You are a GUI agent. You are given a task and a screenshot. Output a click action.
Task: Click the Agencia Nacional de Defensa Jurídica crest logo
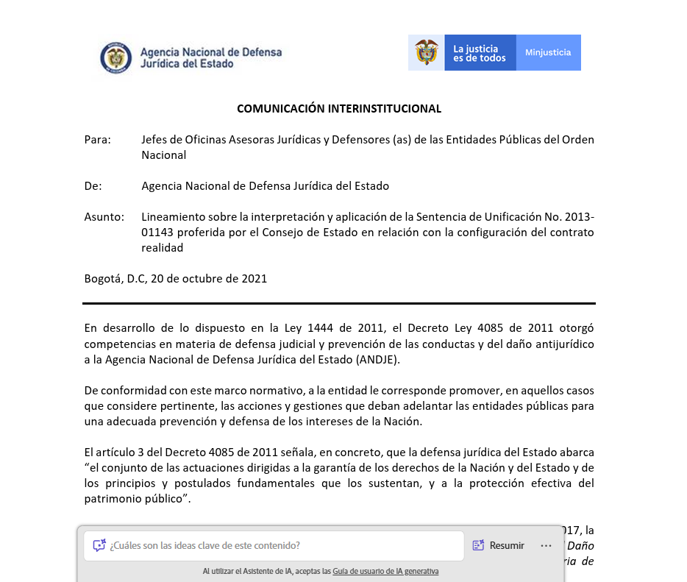(115, 57)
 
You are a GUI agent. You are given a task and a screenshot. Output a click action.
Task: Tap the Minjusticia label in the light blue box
(548, 53)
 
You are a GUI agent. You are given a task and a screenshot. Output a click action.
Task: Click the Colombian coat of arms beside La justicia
(427, 53)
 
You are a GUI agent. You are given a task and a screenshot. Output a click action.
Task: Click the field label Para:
(97, 140)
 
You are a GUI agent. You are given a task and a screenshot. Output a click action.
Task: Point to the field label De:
(93, 186)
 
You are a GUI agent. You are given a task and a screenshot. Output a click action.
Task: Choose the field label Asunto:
(104, 217)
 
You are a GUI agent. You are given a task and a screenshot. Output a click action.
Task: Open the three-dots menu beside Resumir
(546, 545)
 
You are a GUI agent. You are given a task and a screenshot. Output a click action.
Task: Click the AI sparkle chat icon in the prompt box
(99, 545)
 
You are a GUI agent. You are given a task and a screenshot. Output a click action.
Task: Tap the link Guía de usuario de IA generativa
(385, 571)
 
